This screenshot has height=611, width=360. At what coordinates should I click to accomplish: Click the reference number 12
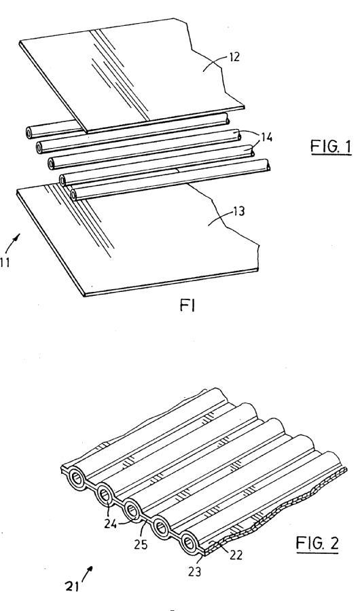coord(234,58)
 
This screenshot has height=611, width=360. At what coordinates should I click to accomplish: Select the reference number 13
coord(238,211)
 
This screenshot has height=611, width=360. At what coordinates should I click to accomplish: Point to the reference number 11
coord(4,262)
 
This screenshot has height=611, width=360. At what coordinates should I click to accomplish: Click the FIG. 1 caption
coord(331,147)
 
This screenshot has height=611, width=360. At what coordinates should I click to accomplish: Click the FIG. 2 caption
coord(317,543)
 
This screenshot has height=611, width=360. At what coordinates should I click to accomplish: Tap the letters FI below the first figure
coord(187,306)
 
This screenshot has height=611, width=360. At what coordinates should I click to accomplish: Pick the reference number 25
coord(141,544)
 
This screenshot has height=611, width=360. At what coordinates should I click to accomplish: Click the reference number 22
coord(236,555)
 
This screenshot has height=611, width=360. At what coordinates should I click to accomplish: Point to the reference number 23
coord(194,572)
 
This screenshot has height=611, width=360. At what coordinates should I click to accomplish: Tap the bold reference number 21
coord(72,586)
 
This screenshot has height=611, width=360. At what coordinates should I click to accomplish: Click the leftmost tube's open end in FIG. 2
coord(77,479)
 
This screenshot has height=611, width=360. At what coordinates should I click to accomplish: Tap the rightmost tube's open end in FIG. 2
coord(190,542)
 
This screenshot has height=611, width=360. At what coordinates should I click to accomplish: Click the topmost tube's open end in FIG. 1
coord(30,133)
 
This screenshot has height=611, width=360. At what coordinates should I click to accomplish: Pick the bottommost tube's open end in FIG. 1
coord(74,193)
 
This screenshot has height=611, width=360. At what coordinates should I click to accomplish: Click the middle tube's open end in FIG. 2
coord(132,510)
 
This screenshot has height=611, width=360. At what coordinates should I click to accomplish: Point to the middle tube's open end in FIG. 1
coord(51,164)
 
